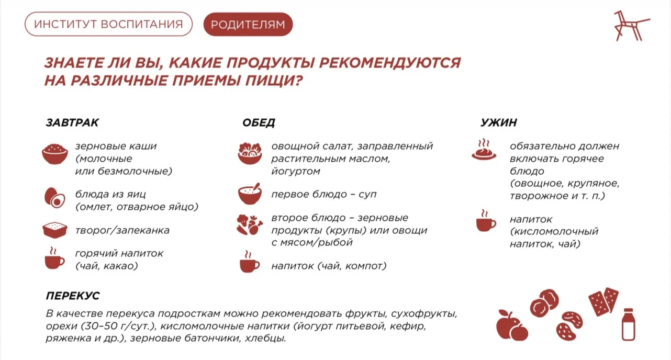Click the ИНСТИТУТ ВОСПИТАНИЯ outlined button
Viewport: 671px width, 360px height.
pos(108,24)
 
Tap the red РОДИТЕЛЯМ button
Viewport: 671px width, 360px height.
pos(248,24)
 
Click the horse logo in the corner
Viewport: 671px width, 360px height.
pos(631,26)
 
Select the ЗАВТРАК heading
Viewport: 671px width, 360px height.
pos(72,122)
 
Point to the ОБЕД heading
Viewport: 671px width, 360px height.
pos(259,122)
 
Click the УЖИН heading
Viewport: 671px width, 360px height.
pos(499,122)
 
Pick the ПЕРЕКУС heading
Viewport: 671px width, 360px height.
pos(73,296)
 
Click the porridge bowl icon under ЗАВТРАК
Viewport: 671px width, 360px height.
pos(55,154)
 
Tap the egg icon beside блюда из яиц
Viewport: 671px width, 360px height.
pos(55,198)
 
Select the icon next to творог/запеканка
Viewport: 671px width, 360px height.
pos(55,230)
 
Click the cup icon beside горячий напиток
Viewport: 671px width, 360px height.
pos(54,258)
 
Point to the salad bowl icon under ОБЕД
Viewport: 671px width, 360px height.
pos(250,153)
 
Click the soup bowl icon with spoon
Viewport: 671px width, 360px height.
pos(250,194)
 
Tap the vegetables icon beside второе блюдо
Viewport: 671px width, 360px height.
pos(250,224)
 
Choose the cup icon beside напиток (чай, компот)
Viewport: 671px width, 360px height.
pos(250,262)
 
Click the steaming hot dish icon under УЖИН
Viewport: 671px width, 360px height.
pos(484,150)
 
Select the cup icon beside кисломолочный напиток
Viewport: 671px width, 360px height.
pos(486,220)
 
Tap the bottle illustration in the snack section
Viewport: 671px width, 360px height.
pos(628,324)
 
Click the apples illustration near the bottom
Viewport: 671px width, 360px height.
pos(512,325)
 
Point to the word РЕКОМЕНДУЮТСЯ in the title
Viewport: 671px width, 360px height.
pos(390,63)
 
